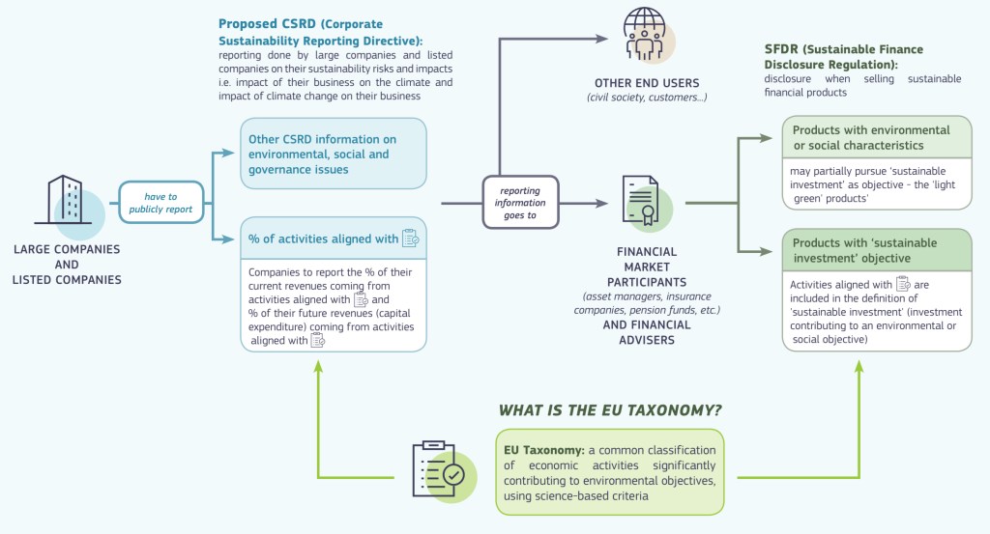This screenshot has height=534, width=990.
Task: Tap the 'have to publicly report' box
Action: pos(160,202)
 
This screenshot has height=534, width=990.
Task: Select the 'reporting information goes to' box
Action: pos(522,203)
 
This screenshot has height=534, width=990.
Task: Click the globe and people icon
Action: pos(646,35)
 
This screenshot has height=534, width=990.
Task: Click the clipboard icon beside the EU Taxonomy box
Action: pos(439,470)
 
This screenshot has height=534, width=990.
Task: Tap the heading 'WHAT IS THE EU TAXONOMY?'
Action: pos(610,410)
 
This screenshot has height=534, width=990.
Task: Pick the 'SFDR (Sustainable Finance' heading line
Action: pos(843,49)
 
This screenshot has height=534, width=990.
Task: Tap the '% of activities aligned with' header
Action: pos(324,239)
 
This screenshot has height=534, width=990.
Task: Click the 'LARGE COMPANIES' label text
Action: pos(67,249)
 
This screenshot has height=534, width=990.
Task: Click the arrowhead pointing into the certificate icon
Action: pos(604,204)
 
